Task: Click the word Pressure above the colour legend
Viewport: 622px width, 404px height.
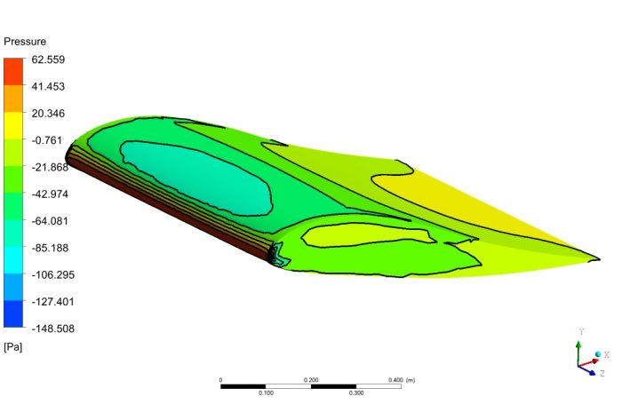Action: [x=25, y=42]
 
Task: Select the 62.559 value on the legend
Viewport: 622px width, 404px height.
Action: [x=49, y=59]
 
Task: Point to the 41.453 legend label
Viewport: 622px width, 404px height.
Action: [x=49, y=86]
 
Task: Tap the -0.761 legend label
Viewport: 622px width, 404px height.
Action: [x=49, y=140]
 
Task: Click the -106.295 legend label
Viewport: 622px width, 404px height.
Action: [x=52, y=274]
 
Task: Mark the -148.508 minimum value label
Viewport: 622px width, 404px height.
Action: [x=52, y=328]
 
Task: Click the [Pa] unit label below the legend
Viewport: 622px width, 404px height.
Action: [x=13, y=346]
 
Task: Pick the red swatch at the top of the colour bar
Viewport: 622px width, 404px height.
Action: [x=13, y=72]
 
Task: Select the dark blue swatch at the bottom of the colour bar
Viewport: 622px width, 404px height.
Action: [x=13, y=314]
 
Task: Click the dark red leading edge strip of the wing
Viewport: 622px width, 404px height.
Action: [x=169, y=209]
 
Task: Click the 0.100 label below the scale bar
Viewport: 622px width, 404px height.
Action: [x=265, y=392]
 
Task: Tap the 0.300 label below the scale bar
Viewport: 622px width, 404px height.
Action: [x=355, y=392]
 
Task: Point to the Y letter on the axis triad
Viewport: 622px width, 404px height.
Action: [x=580, y=331]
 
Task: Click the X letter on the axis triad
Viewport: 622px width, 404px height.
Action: [x=606, y=354]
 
